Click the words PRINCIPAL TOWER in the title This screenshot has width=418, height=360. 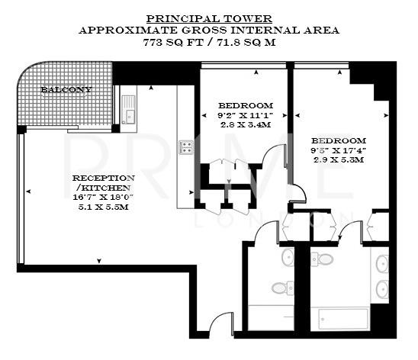(208, 18)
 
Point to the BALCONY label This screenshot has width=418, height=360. (66, 90)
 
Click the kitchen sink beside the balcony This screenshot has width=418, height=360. (127, 117)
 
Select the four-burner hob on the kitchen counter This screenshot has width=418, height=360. (185, 146)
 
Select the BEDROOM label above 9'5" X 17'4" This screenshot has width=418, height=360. (338, 141)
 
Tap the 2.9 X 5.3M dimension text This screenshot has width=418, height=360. (338, 160)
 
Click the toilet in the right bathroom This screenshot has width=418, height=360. (324, 259)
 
